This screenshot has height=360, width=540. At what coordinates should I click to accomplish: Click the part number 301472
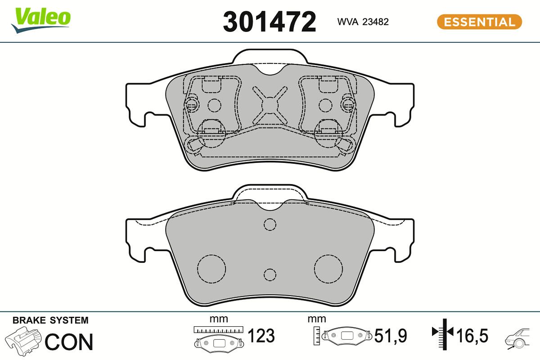click(270, 21)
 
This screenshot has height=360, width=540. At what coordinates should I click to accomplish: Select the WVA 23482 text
click(363, 22)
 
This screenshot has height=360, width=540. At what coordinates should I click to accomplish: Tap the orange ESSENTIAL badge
click(479, 22)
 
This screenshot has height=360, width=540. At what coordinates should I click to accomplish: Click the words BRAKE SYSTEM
click(50, 320)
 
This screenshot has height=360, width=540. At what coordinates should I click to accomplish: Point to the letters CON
click(69, 342)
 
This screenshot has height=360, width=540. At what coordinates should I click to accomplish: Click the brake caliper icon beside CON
click(23, 341)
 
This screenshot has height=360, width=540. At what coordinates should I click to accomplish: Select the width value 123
click(261, 336)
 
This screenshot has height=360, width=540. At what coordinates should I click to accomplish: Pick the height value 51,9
click(391, 336)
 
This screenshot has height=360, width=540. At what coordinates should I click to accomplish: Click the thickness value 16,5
click(472, 336)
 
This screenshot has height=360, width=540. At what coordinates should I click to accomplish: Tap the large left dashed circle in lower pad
click(211, 269)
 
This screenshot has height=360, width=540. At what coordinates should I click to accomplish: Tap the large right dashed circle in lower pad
click(328, 269)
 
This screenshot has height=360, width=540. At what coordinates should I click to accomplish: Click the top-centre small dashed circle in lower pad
click(270, 224)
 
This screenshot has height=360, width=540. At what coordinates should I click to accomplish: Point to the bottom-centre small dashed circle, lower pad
click(270, 274)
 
